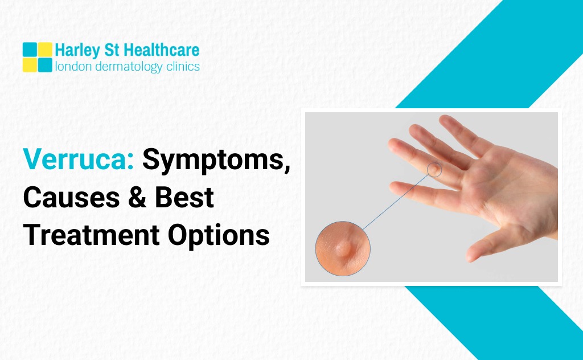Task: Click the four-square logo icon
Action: tap(38, 57)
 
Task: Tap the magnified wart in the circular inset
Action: tap(343, 247)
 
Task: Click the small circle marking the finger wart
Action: tap(434, 169)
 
